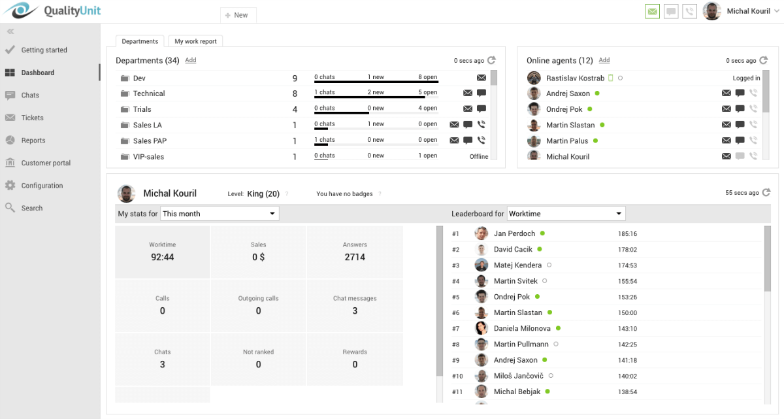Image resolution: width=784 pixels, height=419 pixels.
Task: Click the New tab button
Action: point(237,15)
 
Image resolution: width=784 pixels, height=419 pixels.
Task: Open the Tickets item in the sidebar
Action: point(32,118)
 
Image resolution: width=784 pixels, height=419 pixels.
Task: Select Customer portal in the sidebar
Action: point(45,163)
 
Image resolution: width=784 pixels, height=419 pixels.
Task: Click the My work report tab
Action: point(195,41)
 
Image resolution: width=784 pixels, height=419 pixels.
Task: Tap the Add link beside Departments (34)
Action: point(190,60)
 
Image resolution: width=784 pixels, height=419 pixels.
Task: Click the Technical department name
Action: point(149,93)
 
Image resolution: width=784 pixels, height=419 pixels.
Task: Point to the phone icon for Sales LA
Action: point(482,124)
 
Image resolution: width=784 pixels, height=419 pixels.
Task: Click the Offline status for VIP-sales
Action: point(479,156)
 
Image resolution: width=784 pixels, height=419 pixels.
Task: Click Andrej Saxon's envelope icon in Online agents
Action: point(726,93)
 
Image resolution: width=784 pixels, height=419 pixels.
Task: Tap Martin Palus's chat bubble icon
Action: point(740,141)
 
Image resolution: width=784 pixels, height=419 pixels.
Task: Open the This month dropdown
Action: point(220,214)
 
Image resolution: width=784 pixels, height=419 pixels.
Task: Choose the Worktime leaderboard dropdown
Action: point(566,214)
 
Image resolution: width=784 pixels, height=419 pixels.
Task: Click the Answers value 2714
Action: point(355,257)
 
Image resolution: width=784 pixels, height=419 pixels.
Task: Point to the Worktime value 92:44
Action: point(162,257)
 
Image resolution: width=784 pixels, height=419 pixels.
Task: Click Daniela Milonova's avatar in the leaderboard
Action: point(482,328)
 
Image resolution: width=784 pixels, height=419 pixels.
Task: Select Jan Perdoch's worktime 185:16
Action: point(627,234)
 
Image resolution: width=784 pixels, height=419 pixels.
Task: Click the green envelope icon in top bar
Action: point(652,11)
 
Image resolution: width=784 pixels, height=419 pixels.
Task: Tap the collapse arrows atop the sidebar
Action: point(10,31)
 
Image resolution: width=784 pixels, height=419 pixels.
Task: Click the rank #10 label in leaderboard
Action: point(457,376)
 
